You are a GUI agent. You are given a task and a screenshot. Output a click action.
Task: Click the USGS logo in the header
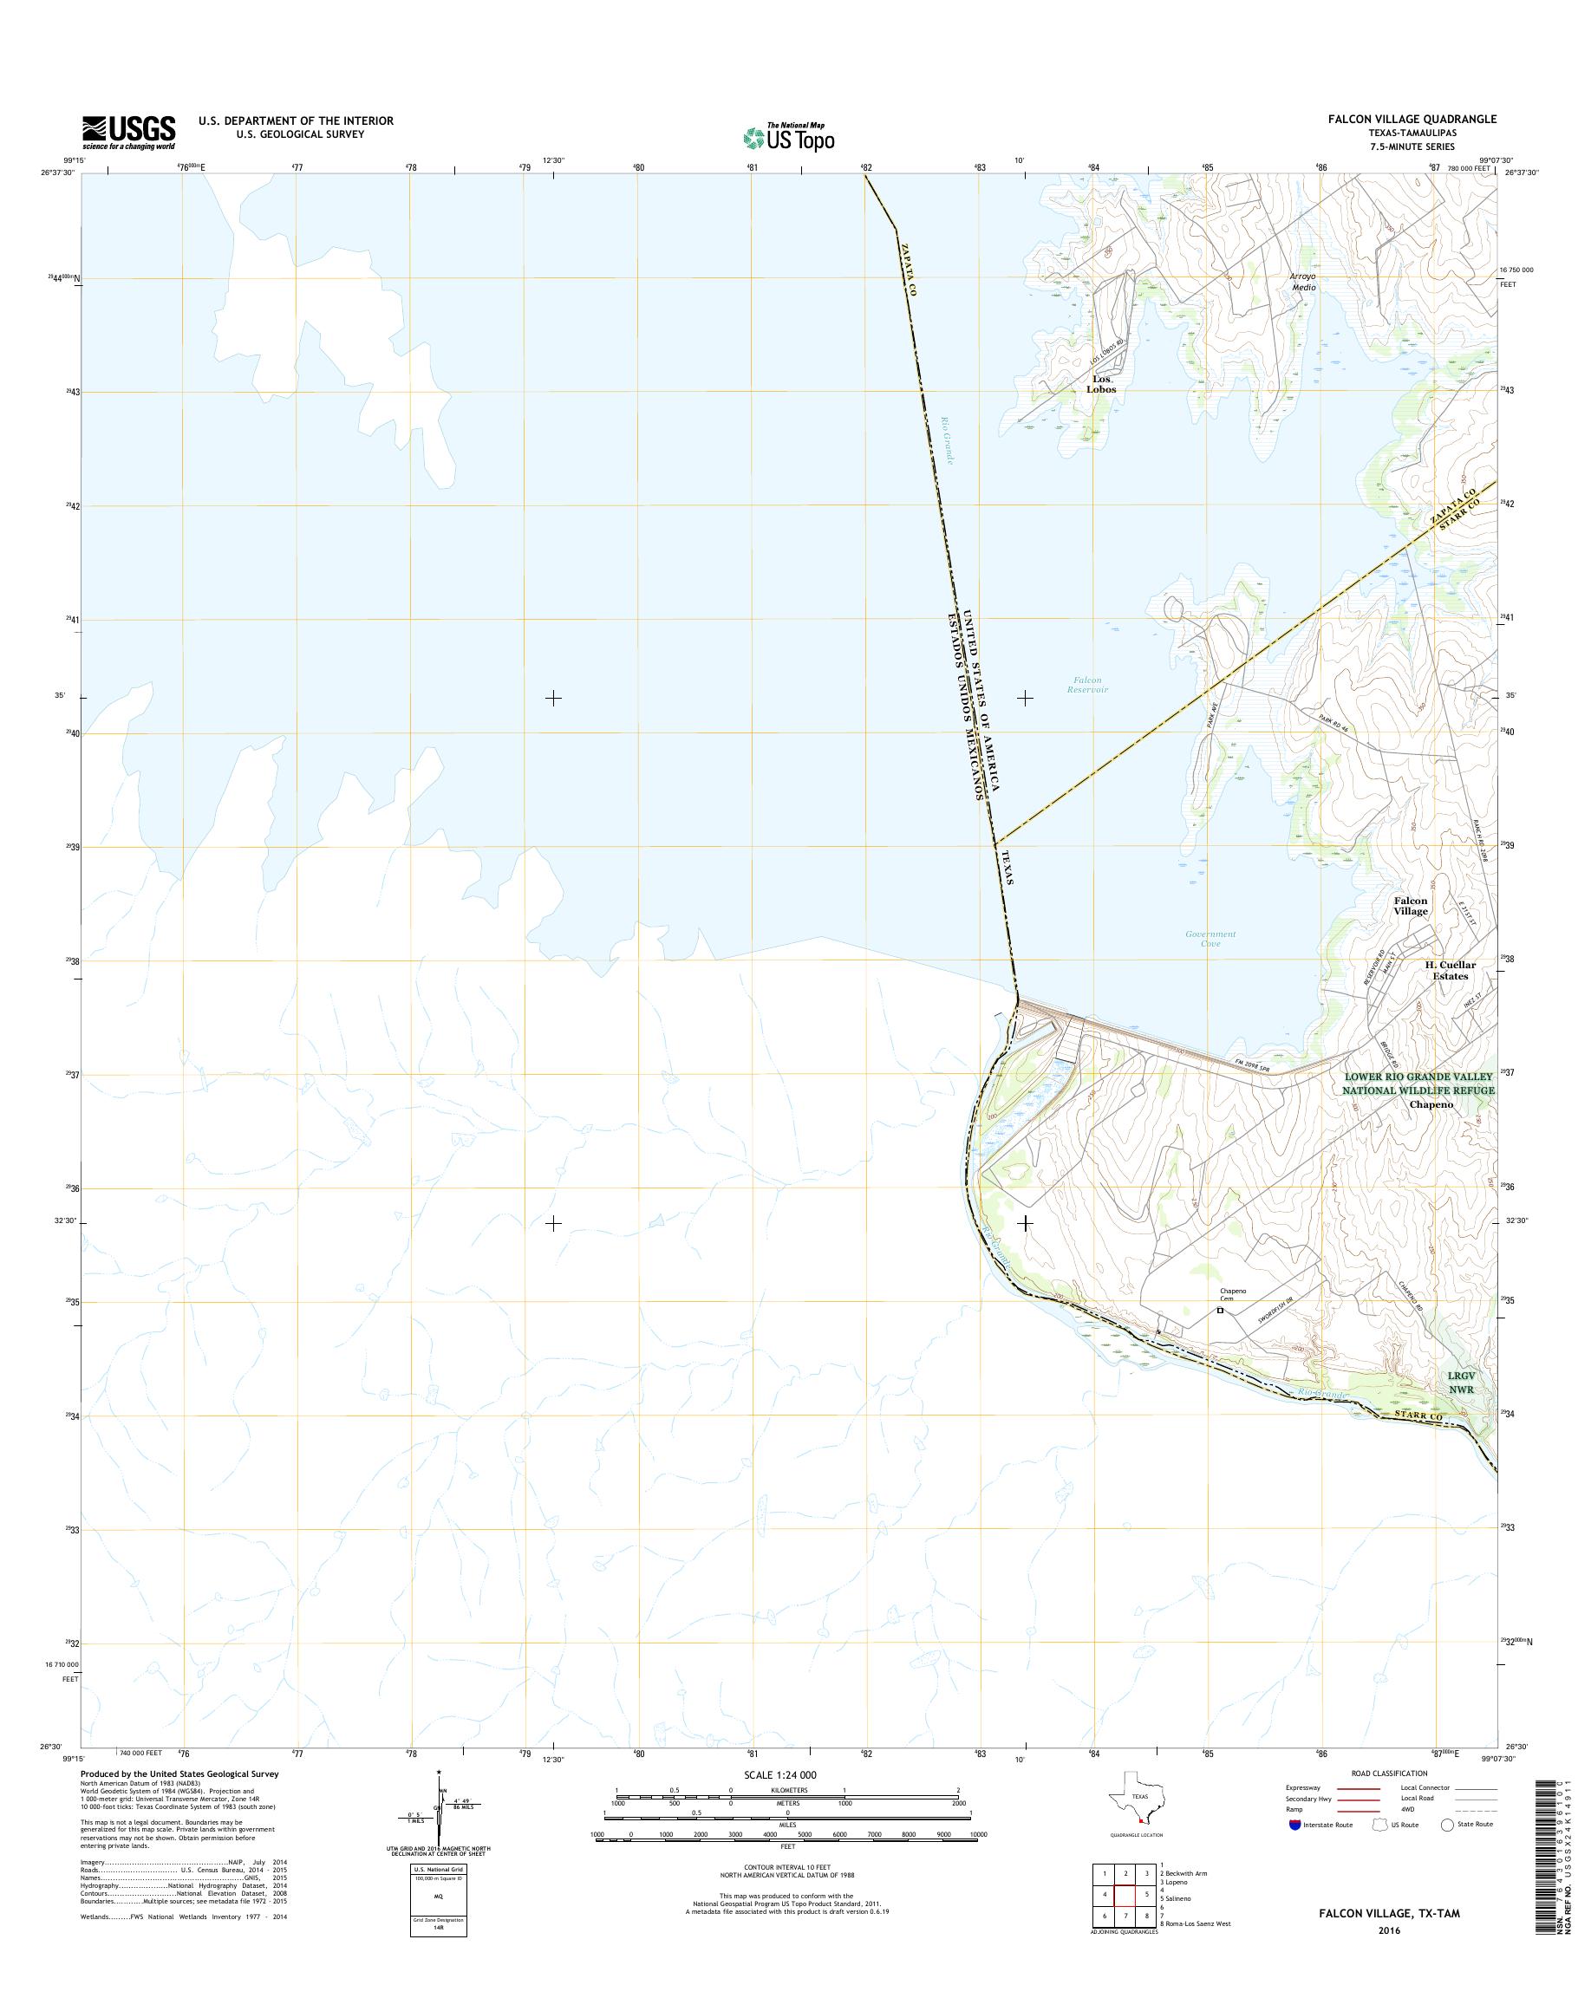(x=129, y=132)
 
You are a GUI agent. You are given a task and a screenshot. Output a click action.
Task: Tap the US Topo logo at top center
(x=789, y=138)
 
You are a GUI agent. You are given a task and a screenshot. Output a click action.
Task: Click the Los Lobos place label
(x=1101, y=384)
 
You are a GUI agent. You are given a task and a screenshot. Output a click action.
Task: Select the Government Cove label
(x=1210, y=940)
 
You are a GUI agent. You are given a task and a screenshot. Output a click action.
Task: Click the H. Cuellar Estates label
(x=1446, y=970)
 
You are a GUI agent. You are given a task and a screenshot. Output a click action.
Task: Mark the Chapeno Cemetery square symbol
(x=1220, y=1309)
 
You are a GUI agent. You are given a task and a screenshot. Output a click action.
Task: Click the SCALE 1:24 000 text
(x=780, y=1774)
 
